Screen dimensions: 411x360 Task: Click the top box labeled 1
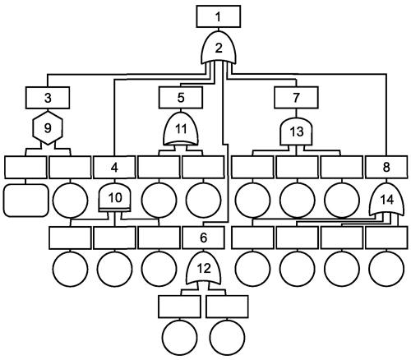(219, 16)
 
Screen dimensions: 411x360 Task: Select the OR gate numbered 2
(219, 48)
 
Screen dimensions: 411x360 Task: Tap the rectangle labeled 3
(48, 98)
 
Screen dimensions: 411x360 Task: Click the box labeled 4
(114, 167)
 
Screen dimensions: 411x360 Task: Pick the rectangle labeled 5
(181, 98)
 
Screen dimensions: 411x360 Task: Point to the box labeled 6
(203, 238)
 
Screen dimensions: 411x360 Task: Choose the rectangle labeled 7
(296, 98)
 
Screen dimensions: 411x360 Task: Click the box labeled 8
(386, 167)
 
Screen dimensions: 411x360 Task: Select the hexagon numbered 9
(48, 127)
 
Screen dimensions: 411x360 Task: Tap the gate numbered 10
(114, 198)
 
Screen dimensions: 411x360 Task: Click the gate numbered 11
(181, 128)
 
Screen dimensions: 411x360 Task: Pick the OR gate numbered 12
(203, 268)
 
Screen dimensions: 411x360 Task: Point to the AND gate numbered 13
(296, 132)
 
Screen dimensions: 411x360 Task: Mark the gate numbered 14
(386, 200)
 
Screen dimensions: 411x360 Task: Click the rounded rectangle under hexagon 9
(25, 201)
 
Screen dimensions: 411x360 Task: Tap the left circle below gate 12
(179, 337)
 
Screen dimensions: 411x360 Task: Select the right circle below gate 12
(227, 337)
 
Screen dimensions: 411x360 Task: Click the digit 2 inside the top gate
(219, 48)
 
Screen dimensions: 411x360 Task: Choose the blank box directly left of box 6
(159, 238)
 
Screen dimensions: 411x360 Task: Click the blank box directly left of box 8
(342, 167)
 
